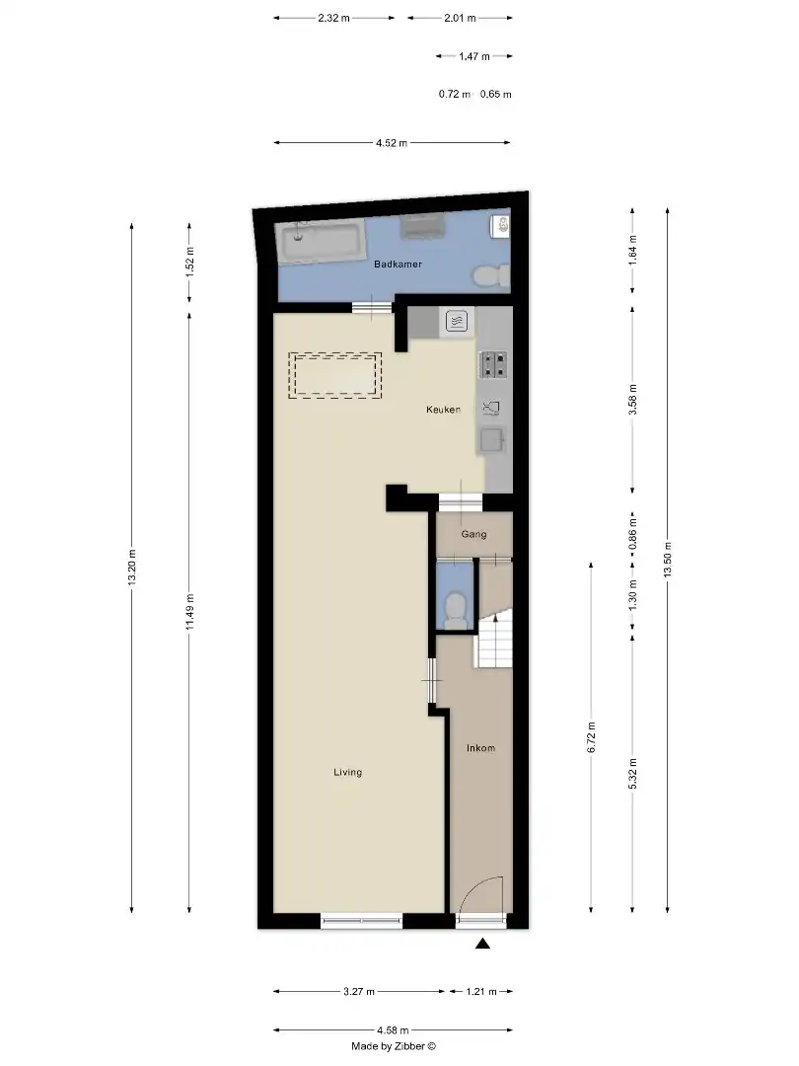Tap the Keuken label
click(x=443, y=410)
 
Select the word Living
click(x=347, y=773)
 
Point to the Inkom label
click(x=480, y=748)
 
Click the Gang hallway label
click(x=474, y=534)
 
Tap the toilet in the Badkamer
click(x=488, y=275)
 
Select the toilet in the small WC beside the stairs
click(x=456, y=609)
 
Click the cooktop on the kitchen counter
click(x=492, y=365)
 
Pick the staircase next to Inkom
click(x=494, y=639)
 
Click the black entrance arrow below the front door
click(x=482, y=945)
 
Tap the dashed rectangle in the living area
click(x=334, y=375)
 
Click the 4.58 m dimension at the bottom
click(x=392, y=1030)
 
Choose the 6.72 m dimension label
click(x=591, y=736)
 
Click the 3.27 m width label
click(x=360, y=991)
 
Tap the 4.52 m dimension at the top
click(x=392, y=143)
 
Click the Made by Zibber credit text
click(x=393, y=1046)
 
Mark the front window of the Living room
click(x=361, y=921)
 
